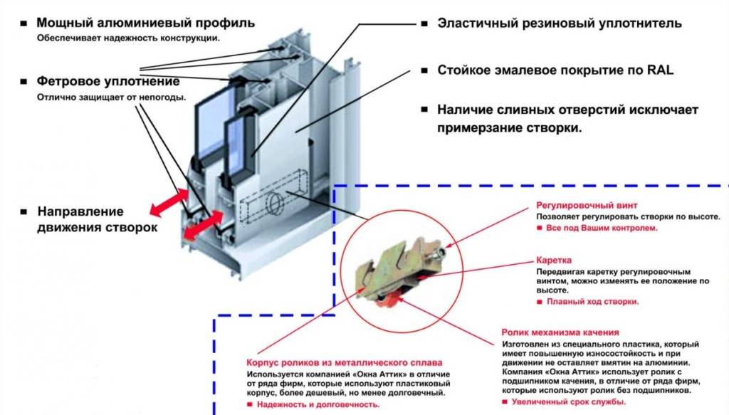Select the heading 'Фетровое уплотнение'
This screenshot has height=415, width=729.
pyautogui.click(x=107, y=82)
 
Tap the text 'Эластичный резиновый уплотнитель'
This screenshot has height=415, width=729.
pyautogui.click(x=559, y=23)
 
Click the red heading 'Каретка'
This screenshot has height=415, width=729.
pyautogui.click(x=553, y=261)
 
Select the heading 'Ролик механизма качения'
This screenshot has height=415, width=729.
pyautogui.click(x=560, y=332)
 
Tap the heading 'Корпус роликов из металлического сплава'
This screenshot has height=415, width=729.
pyautogui.click(x=345, y=362)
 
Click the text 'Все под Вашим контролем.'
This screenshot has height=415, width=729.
pyautogui.click(x=601, y=228)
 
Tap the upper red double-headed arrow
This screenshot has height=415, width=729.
pyautogui.click(x=169, y=199)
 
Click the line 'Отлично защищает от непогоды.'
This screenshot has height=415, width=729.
pyautogui.click(x=112, y=98)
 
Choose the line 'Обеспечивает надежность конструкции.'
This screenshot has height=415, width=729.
pyautogui.click(x=128, y=38)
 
